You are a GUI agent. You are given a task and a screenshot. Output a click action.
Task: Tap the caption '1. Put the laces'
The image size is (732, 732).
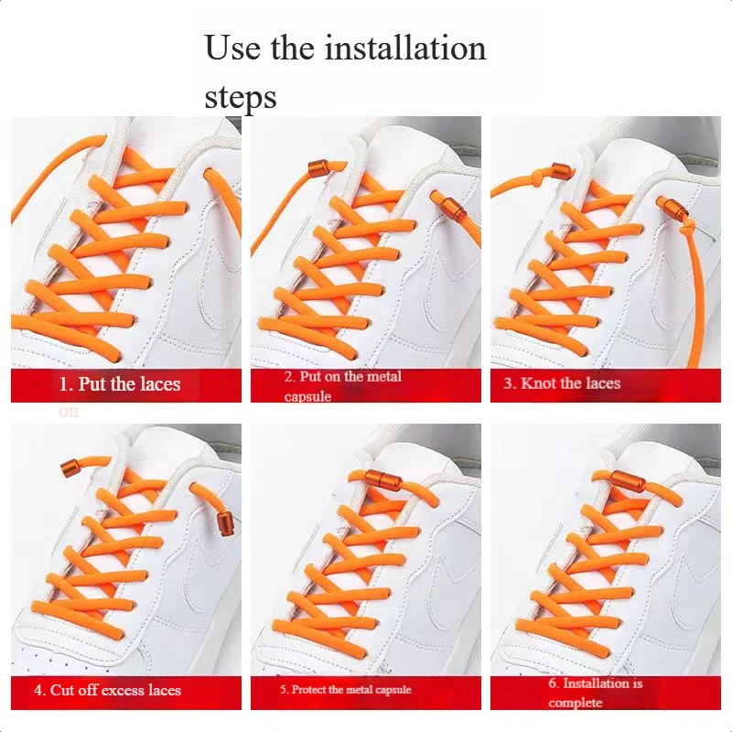[120, 383]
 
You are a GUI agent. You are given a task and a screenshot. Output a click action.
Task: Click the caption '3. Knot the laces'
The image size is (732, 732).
[562, 383]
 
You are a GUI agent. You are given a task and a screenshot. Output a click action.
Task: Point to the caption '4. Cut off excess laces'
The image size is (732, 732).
[108, 690]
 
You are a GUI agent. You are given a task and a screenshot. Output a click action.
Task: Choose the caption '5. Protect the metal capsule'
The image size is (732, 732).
[346, 690]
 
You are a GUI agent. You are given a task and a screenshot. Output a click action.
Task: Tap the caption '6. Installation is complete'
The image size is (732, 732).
[595, 693]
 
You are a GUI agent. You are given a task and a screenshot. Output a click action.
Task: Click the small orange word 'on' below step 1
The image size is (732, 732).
[69, 412]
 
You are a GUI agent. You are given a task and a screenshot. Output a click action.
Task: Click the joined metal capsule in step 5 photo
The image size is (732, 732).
[374, 478]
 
